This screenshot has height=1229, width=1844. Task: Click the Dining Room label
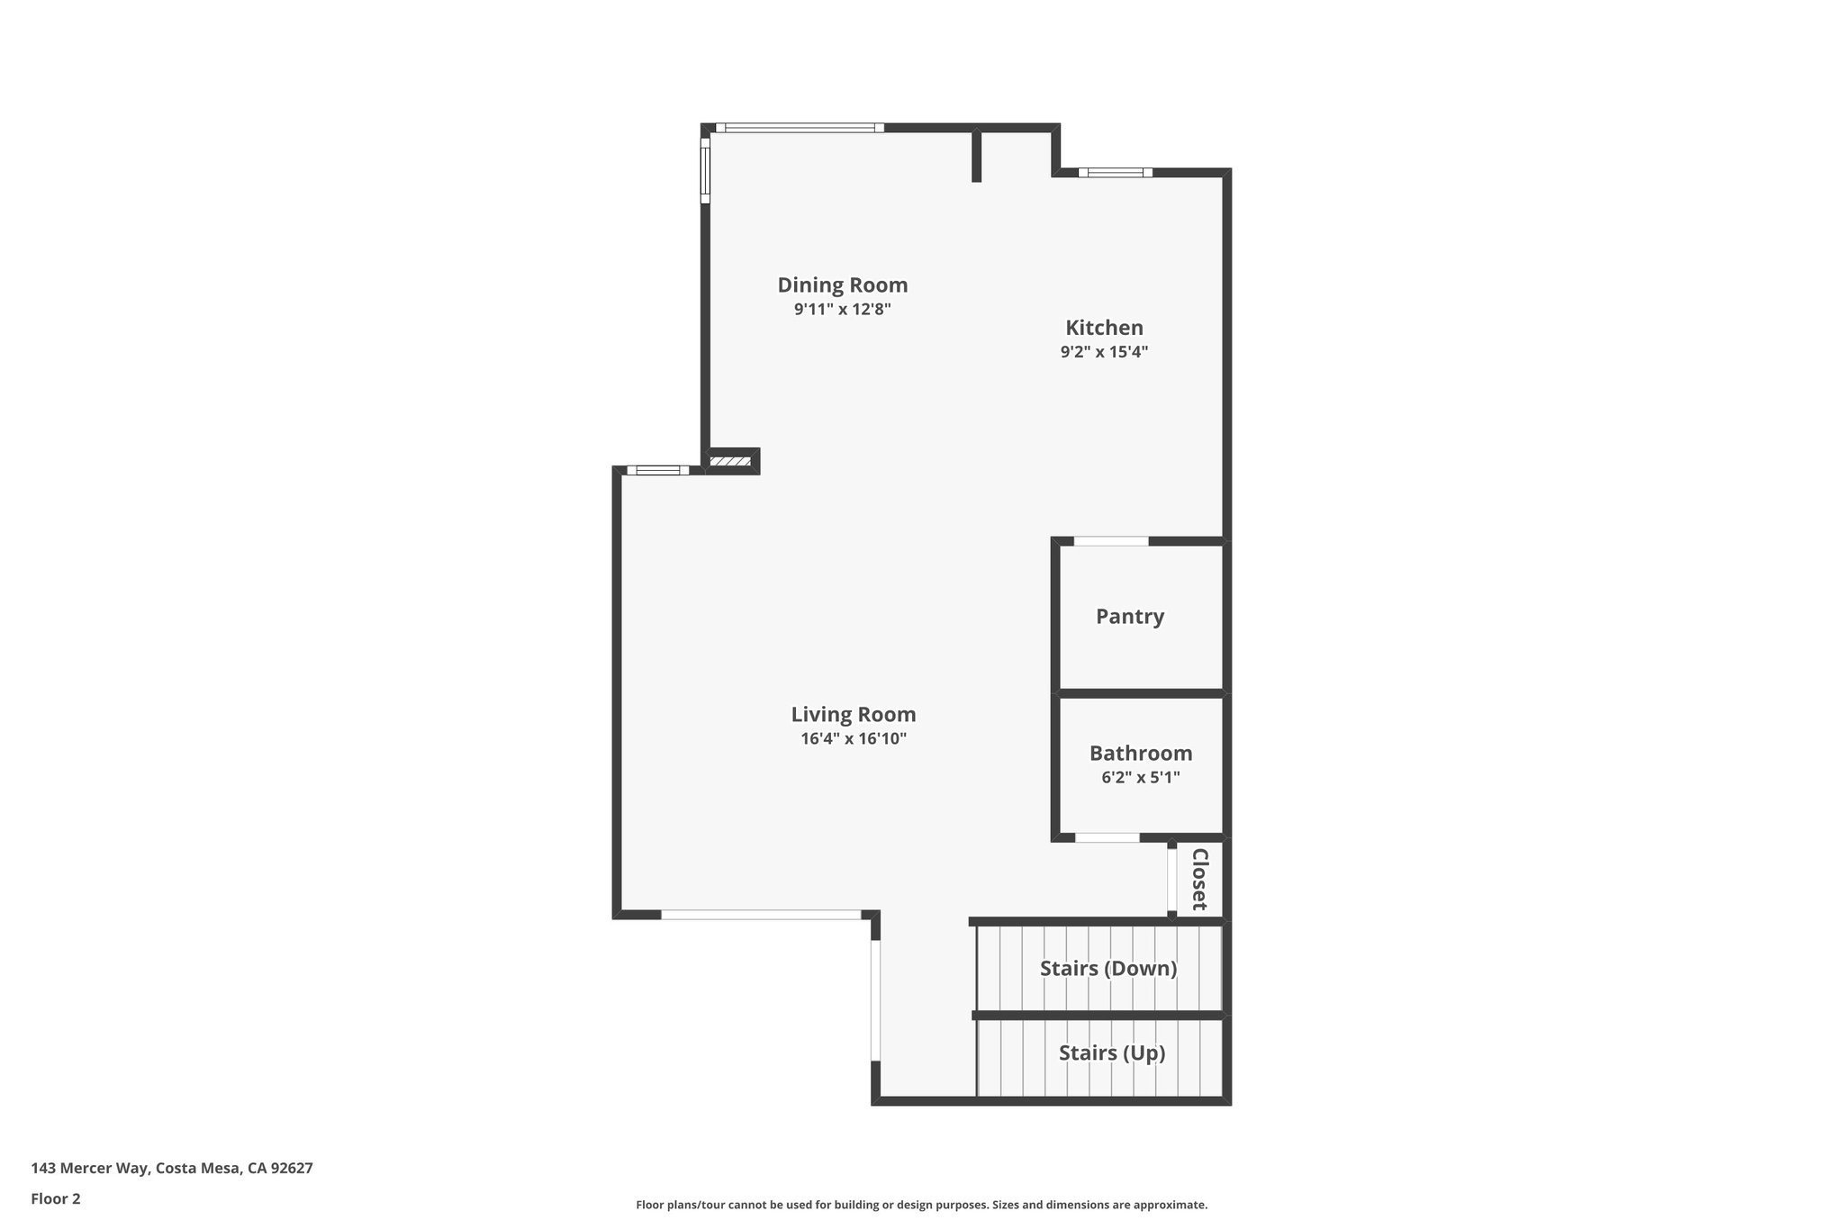pos(842,285)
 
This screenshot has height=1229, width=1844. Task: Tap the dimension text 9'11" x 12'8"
pos(842,310)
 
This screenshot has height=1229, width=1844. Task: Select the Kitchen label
pos(1104,328)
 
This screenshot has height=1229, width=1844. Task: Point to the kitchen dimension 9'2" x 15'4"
pos(1104,352)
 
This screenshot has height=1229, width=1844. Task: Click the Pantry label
pos(1129,617)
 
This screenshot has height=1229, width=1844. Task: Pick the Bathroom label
pos(1140,754)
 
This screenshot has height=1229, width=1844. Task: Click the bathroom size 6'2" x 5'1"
pos(1140,777)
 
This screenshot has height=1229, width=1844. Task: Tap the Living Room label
pos(853,715)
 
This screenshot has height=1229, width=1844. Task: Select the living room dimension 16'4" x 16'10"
pos(853,739)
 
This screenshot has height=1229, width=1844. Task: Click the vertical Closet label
pos(1199,879)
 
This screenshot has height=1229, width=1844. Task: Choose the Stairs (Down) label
pos(1107,969)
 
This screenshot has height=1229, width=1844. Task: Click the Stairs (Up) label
pos(1111,1053)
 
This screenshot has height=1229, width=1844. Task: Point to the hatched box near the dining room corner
pos(729,462)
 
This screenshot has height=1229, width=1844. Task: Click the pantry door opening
pos(1111,541)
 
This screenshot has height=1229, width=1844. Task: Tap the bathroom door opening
pos(1107,838)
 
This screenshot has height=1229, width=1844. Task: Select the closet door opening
pos(1171,881)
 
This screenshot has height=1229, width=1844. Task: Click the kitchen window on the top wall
pos(1115,172)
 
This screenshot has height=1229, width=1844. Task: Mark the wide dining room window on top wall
pos(800,128)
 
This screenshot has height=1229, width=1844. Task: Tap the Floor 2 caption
pos(56,1199)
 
